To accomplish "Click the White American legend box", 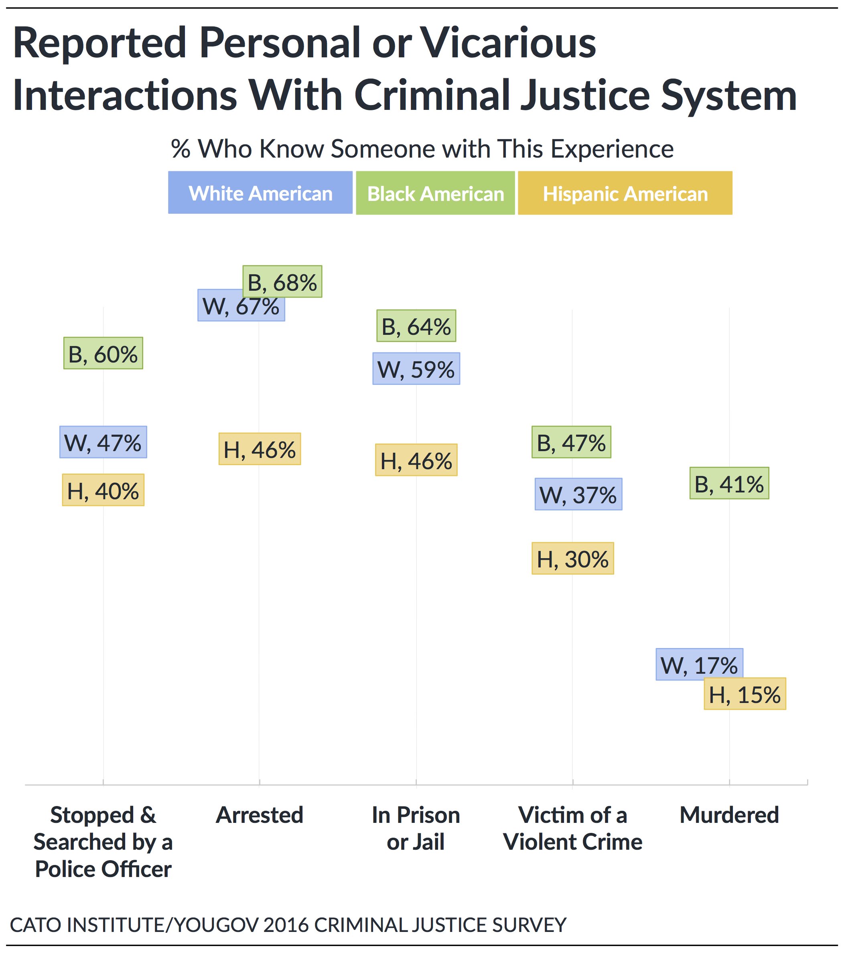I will (260, 192).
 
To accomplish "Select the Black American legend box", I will (435, 193).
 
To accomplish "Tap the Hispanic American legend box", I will (625, 193).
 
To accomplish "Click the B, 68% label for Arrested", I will (282, 282).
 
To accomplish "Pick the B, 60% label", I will (103, 353).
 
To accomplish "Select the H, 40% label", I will (103, 490).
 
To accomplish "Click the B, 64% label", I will (416, 326).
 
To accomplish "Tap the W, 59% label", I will (416, 369).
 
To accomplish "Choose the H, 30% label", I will (572, 558).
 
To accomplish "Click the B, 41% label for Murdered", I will (729, 483).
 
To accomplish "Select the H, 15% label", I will (745, 694).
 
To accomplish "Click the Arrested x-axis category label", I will (260, 815).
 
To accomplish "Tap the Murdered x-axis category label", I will (729, 815).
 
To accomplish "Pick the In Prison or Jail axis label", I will (416, 828).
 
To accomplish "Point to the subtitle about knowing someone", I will (422, 149).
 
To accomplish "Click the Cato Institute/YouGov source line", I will (288, 925).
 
